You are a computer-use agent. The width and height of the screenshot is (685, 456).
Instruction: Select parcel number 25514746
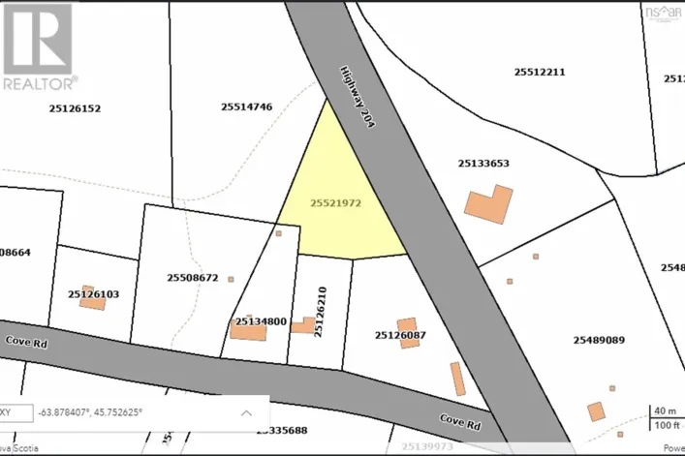[247, 107]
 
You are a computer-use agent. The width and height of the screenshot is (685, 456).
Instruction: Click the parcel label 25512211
[540, 72]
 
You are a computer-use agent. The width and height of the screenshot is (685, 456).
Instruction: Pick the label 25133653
[483, 164]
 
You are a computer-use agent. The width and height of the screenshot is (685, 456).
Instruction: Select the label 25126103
[94, 293]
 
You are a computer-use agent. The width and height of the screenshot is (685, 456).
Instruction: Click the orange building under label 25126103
[93, 303]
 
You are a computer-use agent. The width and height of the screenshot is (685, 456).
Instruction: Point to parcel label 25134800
[260, 321]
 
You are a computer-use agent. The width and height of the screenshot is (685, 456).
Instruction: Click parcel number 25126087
[400, 335]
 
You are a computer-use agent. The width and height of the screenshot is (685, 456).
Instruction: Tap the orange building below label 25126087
[407, 332]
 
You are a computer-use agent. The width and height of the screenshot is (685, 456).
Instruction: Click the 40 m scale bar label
[666, 410]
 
